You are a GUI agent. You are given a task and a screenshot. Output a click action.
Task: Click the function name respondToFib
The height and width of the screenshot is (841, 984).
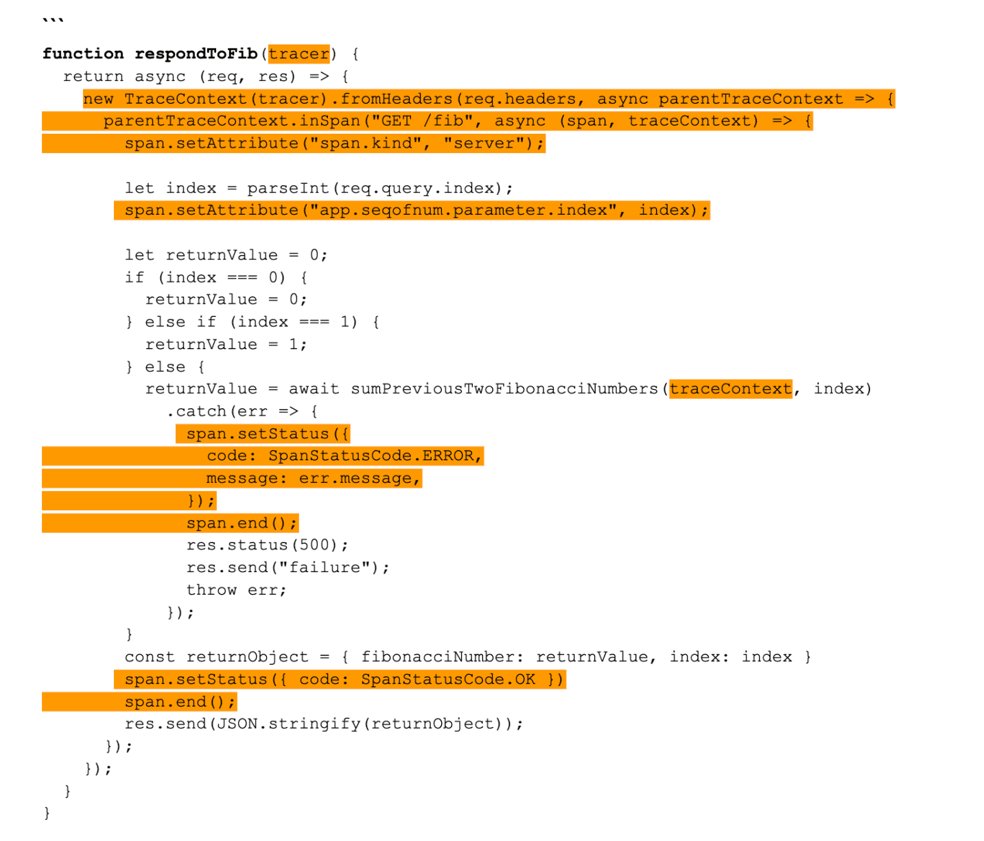[x=196, y=54]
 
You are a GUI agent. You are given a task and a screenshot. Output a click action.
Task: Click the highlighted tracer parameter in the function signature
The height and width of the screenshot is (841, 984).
[x=298, y=54]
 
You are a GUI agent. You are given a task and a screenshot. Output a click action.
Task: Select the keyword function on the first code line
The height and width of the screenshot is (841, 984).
[x=83, y=54]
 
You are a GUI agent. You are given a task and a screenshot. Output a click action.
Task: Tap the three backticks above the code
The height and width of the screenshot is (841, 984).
[x=53, y=20]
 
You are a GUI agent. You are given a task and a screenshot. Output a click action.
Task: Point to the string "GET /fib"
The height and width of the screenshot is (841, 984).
[x=422, y=121]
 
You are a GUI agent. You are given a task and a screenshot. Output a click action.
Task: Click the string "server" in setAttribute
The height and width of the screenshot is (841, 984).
[x=484, y=143]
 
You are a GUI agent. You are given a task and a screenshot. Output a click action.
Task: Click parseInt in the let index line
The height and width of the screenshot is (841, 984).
[x=288, y=188]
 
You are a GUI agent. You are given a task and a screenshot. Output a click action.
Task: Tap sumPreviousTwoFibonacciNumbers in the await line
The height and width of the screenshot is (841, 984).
[x=504, y=389]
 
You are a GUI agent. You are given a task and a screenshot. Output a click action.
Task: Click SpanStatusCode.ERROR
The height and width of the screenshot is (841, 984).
[x=371, y=455]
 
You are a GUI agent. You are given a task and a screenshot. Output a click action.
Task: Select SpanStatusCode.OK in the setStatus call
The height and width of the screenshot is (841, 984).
[x=448, y=679]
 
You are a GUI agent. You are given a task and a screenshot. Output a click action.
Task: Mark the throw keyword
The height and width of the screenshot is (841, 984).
[x=211, y=590]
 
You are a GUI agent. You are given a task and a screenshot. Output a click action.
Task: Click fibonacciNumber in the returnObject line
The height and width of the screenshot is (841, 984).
[x=438, y=656]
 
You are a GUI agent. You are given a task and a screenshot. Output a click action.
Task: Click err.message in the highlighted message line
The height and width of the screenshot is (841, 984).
[x=355, y=478]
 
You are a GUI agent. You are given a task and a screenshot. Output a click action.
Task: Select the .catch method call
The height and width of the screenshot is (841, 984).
[x=197, y=411]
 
